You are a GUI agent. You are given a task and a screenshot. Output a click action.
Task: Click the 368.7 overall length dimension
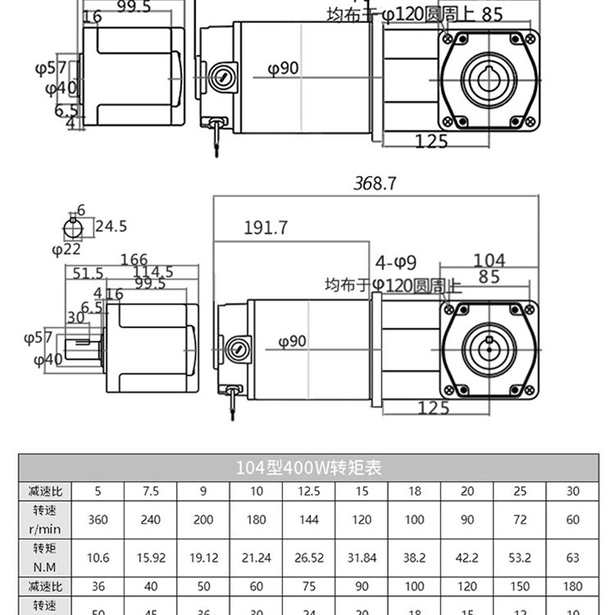(x=374, y=184)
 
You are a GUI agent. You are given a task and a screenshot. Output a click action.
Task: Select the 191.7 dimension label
(x=265, y=228)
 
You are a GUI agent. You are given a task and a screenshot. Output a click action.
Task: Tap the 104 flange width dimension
(x=489, y=259)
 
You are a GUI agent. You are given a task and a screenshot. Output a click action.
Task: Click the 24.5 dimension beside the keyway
(x=111, y=226)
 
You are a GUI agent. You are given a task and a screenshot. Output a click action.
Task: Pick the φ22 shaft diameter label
(x=66, y=249)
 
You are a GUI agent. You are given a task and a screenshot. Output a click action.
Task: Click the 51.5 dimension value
(x=88, y=273)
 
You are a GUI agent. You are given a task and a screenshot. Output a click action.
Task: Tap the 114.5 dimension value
(x=153, y=273)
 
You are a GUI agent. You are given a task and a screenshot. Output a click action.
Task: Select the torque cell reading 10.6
(x=98, y=558)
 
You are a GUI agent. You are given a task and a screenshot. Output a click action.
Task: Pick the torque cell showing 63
(x=573, y=558)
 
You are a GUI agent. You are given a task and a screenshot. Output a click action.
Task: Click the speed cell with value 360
(x=98, y=520)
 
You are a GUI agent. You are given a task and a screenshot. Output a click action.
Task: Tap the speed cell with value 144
(x=308, y=520)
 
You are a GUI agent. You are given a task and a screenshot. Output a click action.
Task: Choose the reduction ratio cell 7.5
(x=151, y=491)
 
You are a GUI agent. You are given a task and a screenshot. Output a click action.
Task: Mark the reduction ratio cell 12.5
(x=308, y=491)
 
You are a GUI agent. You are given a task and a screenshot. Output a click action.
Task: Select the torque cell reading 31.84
(x=361, y=558)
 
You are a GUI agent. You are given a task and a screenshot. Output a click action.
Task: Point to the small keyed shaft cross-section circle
(x=73, y=227)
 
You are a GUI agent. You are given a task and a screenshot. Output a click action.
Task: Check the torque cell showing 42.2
(x=467, y=558)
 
